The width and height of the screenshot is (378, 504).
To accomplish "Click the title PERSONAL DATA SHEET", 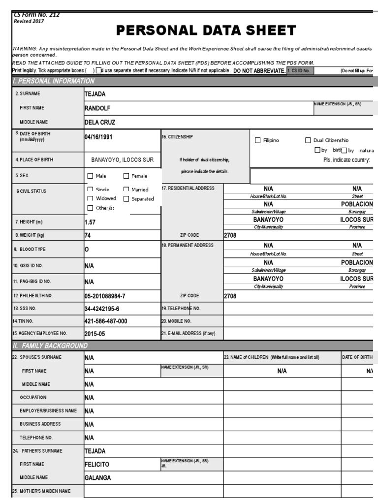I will click(x=206, y=31).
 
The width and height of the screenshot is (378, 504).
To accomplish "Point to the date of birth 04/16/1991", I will click(x=98, y=137).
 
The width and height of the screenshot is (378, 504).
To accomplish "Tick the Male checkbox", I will click(x=90, y=176).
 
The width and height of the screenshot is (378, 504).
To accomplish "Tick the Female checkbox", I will click(x=126, y=176).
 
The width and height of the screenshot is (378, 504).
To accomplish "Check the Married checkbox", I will click(x=126, y=189).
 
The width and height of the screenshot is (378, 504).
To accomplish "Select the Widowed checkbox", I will click(x=90, y=199).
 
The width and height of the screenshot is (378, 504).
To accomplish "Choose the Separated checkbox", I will click(x=126, y=199).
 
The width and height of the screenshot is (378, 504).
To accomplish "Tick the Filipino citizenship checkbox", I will click(x=258, y=141).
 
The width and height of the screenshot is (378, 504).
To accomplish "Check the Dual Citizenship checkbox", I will click(x=308, y=141).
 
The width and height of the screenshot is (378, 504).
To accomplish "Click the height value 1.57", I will click(x=90, y=222).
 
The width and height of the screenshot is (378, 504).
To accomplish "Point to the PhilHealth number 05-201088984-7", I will click(x=105, y=296).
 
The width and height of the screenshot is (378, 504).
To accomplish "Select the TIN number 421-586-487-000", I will click(x=106, y=321).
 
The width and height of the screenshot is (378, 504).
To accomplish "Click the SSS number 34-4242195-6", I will click(x=102, y=309).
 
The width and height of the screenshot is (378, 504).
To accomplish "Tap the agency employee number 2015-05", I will click(x=94, y=334).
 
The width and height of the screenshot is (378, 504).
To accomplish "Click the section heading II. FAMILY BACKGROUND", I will click(x=50, y=346).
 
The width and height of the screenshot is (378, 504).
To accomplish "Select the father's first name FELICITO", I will click(x=97, y=464).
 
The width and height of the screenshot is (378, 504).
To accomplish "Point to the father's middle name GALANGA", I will click(x=97, y=477).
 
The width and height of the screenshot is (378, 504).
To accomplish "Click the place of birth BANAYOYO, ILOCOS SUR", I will click(x=123, y=160).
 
